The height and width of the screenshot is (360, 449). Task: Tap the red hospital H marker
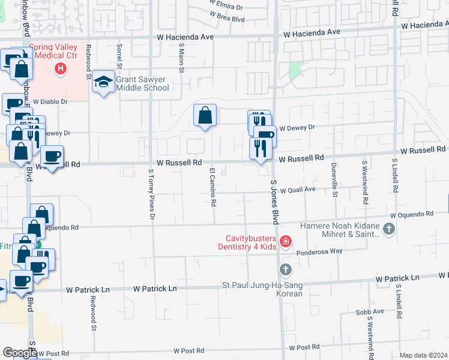point(60,69)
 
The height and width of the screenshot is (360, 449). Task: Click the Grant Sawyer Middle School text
point(142,83)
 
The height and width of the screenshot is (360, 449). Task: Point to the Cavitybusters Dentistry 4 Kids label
point(249,242)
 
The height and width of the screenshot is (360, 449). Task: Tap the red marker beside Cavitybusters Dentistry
point(286,242)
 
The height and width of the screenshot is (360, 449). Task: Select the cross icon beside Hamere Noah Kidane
point(388,229)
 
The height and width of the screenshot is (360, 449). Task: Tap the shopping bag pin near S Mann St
point(205,115)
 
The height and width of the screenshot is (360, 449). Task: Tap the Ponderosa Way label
point(319,251)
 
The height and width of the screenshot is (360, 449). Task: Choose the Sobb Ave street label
point(370,311)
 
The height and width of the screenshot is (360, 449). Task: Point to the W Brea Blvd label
point(227,19)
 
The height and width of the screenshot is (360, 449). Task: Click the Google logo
point(20,353)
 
